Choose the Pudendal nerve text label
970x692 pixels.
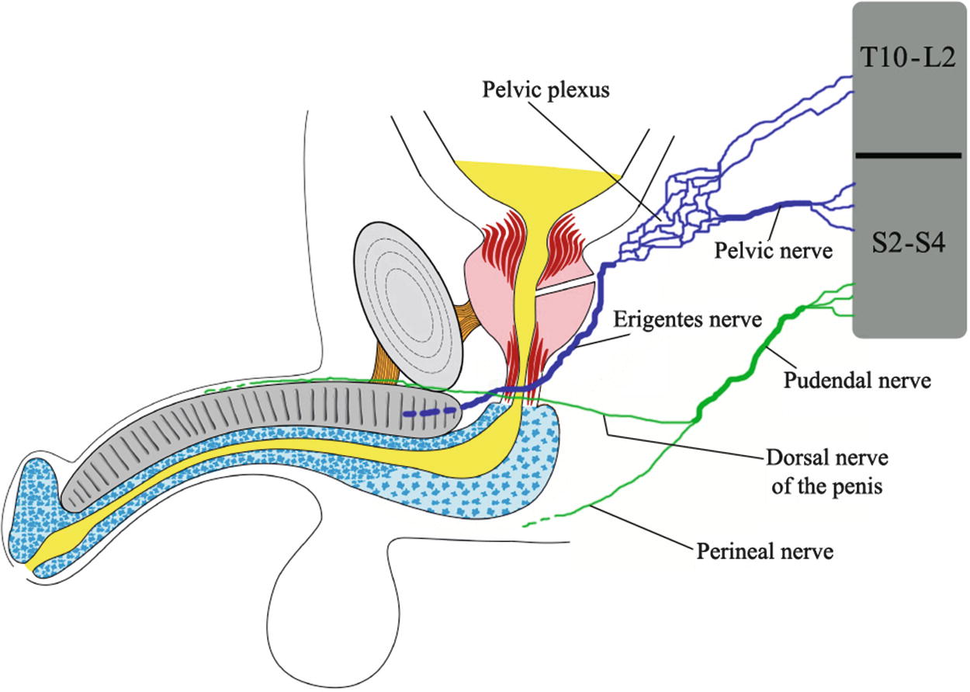857,380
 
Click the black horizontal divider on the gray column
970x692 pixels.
909,155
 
